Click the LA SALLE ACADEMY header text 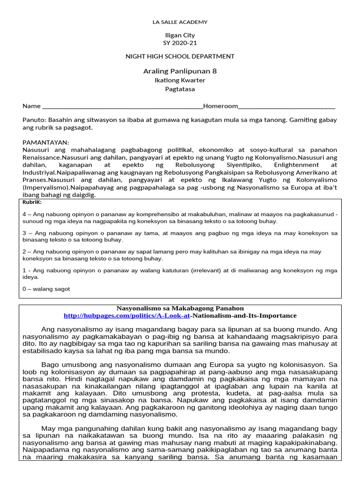pos(180,22)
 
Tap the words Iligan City pos(180,35)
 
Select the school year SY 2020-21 pos(180,43)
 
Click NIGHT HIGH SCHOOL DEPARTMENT pos(180,56)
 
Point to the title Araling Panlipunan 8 pos(180,71)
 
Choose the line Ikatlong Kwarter pos(180,80)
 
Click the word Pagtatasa pos(180,89)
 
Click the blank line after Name pos(122,107)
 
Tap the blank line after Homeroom pos(287,107)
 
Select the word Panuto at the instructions pos(33,120)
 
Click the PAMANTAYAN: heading pos(45,142)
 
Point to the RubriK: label pos(32,202)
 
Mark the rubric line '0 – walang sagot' pos(46,289)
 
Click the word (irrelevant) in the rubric pos(203,270)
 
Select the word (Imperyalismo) pos(45,187)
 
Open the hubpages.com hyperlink pos(150,316)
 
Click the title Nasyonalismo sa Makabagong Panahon pos(180,308)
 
